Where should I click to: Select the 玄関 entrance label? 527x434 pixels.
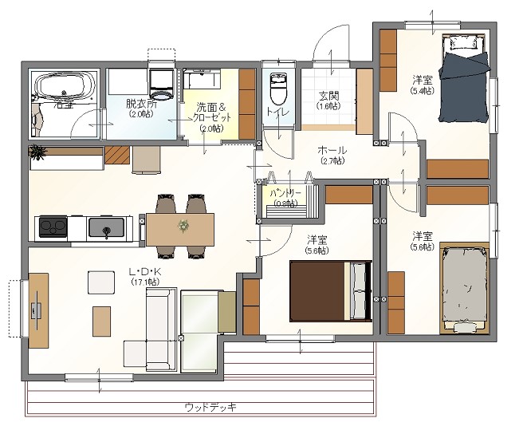[328, 97]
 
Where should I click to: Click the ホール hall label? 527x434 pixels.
[332, 150]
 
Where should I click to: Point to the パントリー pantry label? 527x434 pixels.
[285, 194]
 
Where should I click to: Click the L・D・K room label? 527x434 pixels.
[146, 272]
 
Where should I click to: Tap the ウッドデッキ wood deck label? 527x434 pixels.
[210, 407]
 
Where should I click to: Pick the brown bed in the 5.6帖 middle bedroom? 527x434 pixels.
[329, 291]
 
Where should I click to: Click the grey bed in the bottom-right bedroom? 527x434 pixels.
[464, 286]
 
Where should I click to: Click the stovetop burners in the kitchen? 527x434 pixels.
[51, 227]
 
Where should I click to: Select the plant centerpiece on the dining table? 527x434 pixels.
[184, 227]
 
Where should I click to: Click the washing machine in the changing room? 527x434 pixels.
[163, 79]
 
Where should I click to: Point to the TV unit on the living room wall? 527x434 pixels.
[37, 310]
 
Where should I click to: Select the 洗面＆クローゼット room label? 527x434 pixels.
[211, 117]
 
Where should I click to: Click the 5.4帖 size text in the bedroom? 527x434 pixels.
[422, 92]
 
